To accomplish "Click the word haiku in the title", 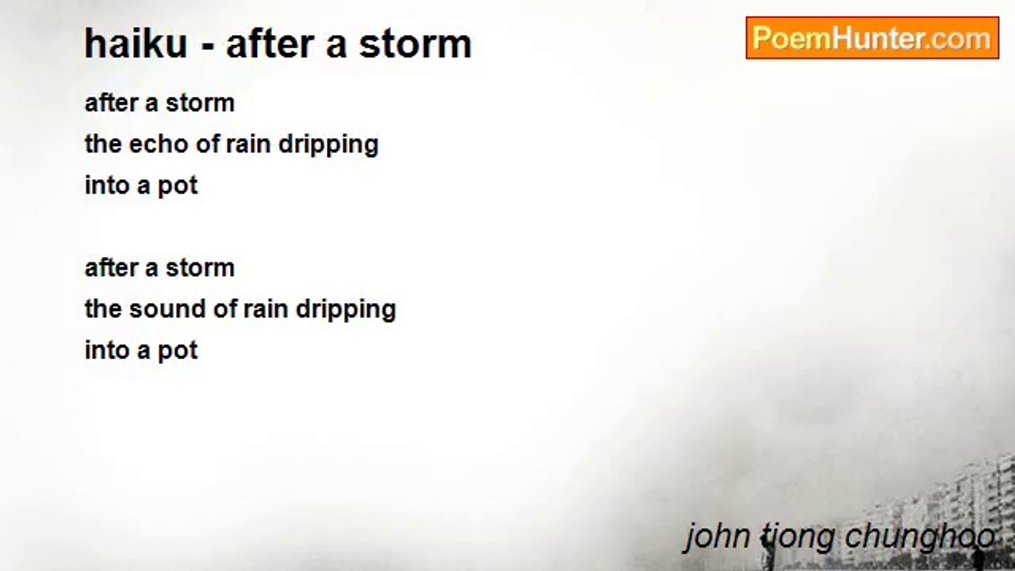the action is coord(136,44).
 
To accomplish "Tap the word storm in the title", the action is coord(415,44).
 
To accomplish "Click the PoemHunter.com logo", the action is coord(872,37).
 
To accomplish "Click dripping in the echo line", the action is coord(328,146).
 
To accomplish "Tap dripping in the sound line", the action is coord(346,311).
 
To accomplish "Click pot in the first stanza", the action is coord(178,186).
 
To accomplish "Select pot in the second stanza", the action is coord(178,351).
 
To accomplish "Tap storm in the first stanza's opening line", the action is coord(201,103).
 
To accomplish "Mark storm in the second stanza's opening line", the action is coord(201,268).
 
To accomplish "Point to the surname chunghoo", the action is coord(920,538).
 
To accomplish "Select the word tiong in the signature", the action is coord(797,538).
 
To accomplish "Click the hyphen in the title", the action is coord(207,47).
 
